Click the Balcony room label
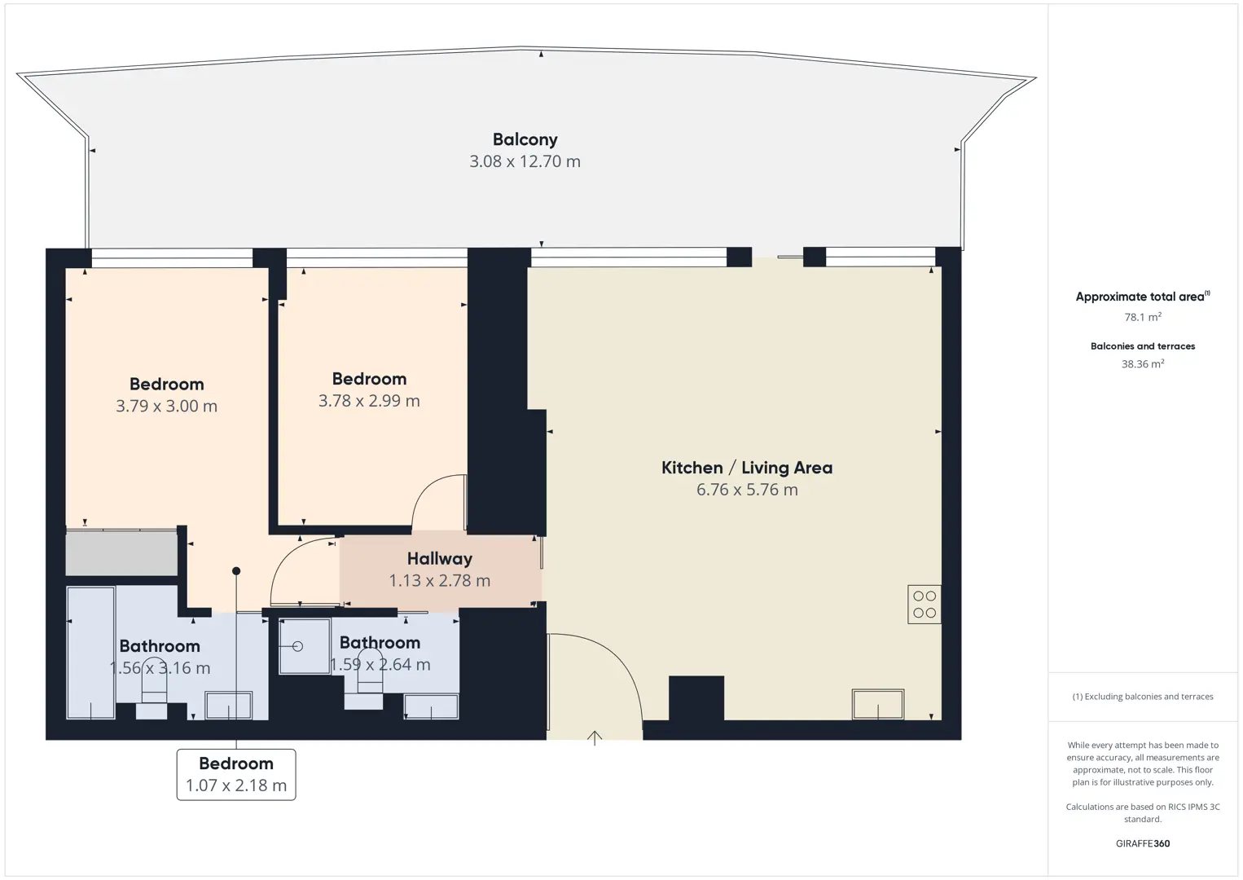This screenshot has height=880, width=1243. pos(525,139)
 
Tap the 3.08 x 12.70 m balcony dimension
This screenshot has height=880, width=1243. pos(525,161)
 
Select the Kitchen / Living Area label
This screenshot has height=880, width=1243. pos(747,468)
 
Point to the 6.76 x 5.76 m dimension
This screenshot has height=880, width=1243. pos(747,489)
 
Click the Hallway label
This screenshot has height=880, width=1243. pos(440,558)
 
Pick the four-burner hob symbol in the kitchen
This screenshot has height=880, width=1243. pos(925,604)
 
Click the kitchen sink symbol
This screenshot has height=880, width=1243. pos(878,704)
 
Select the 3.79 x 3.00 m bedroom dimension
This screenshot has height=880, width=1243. pos(166,406)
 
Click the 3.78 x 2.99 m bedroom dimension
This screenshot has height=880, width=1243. pos(369,400)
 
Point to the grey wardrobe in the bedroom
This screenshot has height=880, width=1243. pos(121,553)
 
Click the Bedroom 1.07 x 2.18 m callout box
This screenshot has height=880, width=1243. pos(236,775)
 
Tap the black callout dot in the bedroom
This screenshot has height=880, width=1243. pos(236,570)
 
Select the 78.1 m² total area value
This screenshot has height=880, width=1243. pos(1143,316)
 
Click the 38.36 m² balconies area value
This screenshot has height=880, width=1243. pos(1143,363)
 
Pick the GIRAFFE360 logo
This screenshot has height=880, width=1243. pos(1143,843)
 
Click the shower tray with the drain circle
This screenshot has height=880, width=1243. pos(305,646)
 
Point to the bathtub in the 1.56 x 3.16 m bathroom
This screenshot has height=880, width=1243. pos(91,653)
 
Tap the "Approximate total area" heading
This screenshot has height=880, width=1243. pos(1143,297)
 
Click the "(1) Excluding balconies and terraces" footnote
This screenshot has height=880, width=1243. pos(1143,696)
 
